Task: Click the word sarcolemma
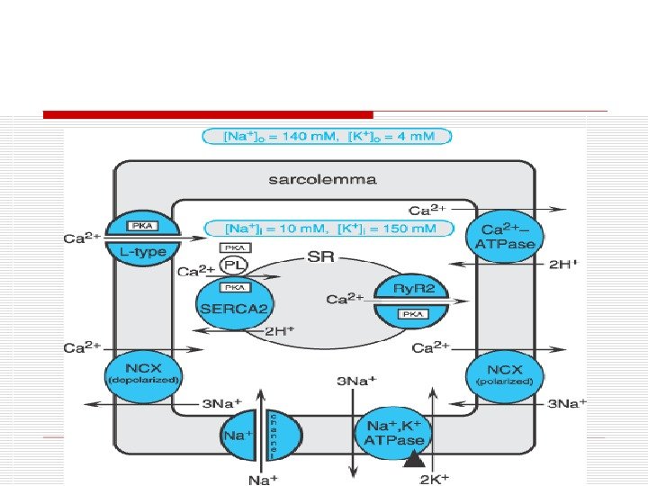coord(323,179)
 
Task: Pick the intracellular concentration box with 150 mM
coord(328,229)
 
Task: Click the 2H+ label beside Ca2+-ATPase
coord(564,265)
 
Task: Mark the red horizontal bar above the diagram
coord(208,115)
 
